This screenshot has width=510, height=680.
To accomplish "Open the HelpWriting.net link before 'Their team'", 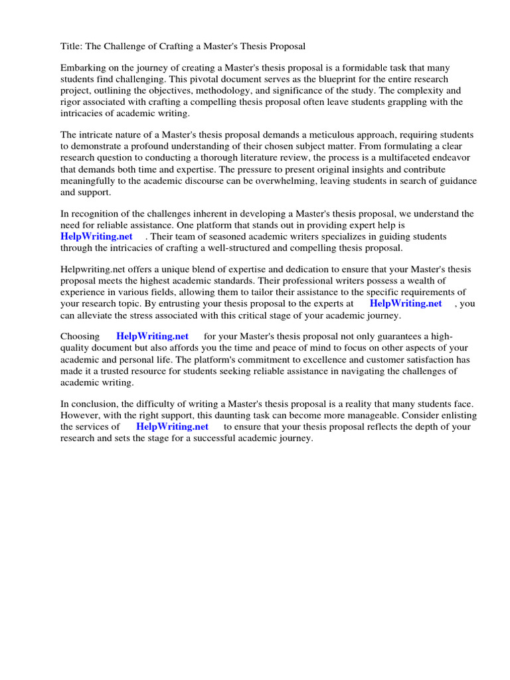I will (x=96, y=236).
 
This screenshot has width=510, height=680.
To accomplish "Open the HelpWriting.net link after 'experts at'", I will (x=405, y=303).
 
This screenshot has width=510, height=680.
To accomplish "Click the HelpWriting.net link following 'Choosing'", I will (x=152, y=337).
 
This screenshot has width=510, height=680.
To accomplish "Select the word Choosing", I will (x=80, y=337).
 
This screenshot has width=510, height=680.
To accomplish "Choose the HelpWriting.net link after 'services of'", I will (x=172, y=426).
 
